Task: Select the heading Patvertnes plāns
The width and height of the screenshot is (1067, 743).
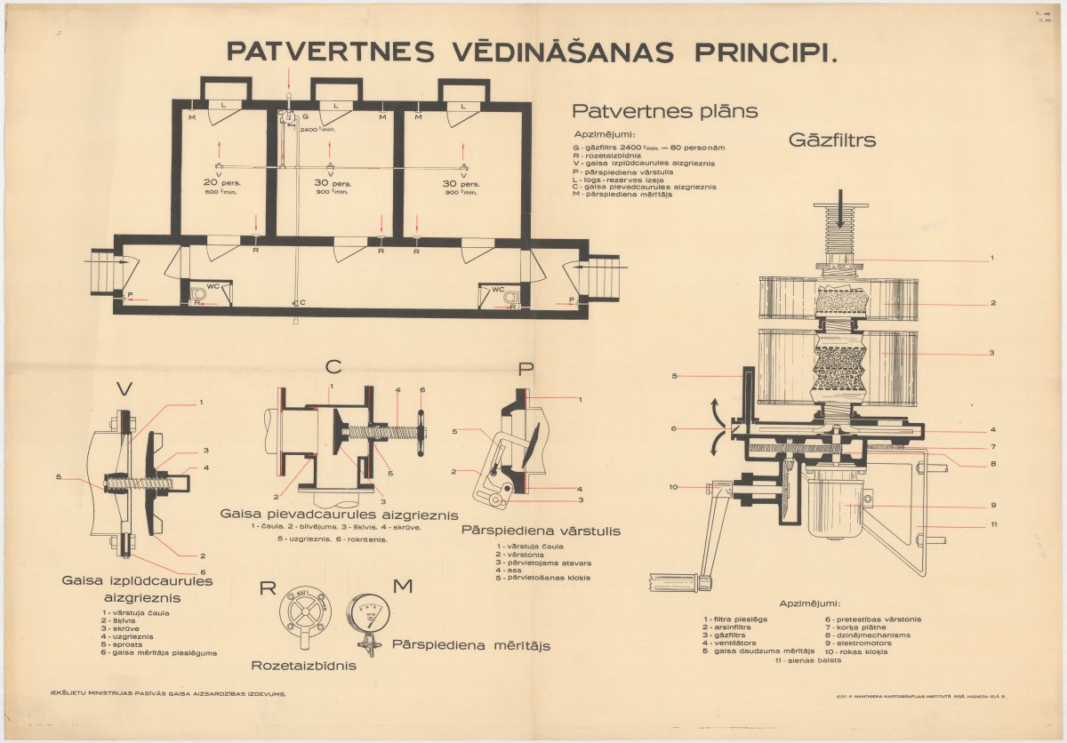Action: coord(664,111)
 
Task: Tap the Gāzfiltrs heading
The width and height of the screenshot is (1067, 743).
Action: coord(832,140)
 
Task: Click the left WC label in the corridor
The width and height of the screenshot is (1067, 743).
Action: coord(213,287)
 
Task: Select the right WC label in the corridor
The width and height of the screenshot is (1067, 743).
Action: coord(498,289)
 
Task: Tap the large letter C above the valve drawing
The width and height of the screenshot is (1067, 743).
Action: coord(333,366)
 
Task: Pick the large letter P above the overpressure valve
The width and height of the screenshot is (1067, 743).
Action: coord(526,369)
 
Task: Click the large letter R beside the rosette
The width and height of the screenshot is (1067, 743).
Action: coord(268,587)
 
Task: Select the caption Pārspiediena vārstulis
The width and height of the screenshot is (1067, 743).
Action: coord(541,531)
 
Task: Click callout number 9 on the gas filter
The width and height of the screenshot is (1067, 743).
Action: coord(992,506)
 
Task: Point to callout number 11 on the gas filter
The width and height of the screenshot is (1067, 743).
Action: coord(993,524)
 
